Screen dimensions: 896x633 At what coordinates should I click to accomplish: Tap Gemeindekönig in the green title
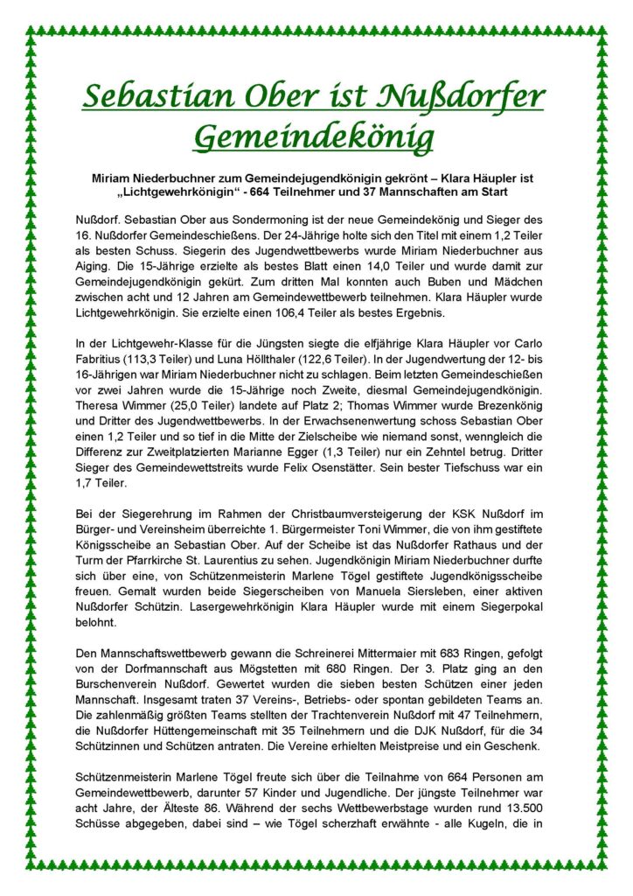pyautogui.click(x=314, y=136)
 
